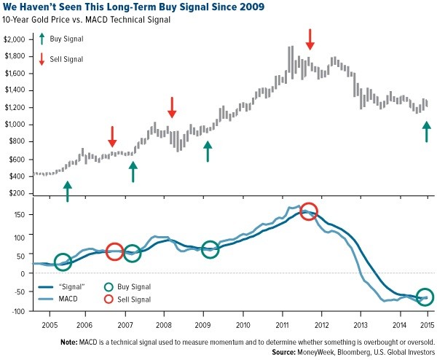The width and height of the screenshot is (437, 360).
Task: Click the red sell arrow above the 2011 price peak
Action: pyautogui.click(x=310, y=39)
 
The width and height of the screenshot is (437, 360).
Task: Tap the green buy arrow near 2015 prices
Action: pyautogui.click(x=426, y=131)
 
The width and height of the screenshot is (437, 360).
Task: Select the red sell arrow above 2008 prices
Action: pyautogui.click(x=172, y=107)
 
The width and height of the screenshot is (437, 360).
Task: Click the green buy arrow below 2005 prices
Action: pyautogui.click(x=68, y=191)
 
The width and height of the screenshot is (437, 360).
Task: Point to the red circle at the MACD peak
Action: pyautogui.click(x=308, y=212)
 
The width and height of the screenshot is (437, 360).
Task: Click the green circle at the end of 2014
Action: pyautogui.click(x=425, y=297)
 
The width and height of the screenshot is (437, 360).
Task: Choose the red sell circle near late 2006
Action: pyautogui.click(x=114, y=251)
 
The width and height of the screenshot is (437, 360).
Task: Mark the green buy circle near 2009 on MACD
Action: pyautogui.click(x=210, y=250)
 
